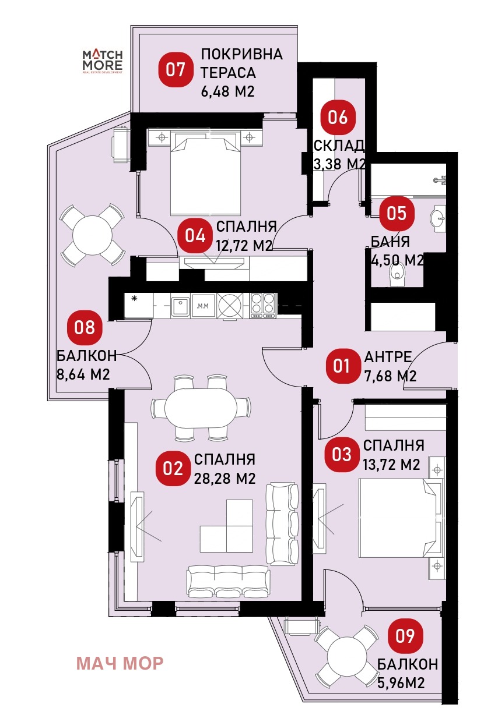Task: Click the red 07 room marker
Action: (176, 70)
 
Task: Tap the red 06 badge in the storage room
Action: (338, 117)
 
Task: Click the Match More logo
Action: (103, 62)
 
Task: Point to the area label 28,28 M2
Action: (225, 479)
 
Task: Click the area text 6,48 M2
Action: (227, 91)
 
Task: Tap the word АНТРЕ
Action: (388, 357)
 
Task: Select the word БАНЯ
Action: (390, 242)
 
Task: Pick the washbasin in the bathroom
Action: (438, 219)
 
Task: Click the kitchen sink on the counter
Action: (180, 306)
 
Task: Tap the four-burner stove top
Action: (264, 306)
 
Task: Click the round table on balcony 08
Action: (93, 235)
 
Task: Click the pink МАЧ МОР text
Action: (120, 663)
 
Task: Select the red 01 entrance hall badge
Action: (342, 366)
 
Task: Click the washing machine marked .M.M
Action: (203, 306)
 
